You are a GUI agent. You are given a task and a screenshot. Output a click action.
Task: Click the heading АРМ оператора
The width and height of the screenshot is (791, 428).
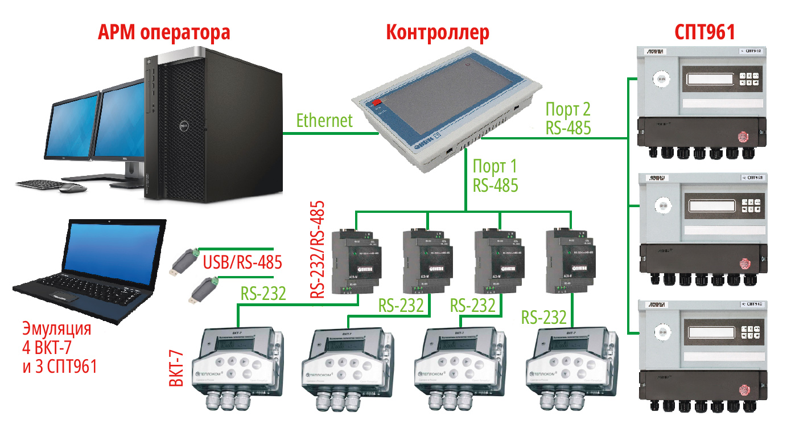(164, 32)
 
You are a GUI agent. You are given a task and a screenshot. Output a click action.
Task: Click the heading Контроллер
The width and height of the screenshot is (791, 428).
(437, 32)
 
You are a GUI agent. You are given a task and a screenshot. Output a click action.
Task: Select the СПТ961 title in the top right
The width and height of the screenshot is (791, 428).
(705, 32)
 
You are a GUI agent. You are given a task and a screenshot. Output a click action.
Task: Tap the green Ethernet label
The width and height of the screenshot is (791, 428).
(324, 121)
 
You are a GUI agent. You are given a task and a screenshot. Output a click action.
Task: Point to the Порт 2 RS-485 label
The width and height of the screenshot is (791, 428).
(568, 118)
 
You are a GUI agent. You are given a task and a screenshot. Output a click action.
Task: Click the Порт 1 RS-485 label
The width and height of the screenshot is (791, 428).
(495, 176)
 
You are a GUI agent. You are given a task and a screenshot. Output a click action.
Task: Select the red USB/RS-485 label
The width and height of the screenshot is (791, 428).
(242, 264)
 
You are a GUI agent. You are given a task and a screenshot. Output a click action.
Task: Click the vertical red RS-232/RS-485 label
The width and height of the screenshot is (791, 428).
(317, 249)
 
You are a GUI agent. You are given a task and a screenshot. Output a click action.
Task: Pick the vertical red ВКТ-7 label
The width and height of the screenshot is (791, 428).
(177, 370)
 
